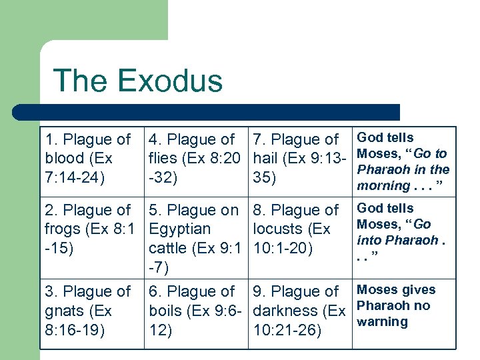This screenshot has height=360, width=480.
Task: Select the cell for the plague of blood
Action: [91, 159]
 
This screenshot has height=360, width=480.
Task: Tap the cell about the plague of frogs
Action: [91, 229]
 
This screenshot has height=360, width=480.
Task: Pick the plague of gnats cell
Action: [91, 311]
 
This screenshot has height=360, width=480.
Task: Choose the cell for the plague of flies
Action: [196, 159]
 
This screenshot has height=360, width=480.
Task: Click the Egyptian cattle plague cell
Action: [196, 239]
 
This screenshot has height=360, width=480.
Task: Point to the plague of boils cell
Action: [196, 311]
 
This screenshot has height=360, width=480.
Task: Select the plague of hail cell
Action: [300, 159]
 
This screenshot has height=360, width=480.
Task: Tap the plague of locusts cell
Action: [300, 229]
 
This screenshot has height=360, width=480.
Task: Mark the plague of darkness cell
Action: [300, 311]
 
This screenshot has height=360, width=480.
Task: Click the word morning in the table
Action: [383, 186]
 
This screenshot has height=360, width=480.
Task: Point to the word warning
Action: [383, 322]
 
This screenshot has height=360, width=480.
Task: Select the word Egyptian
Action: [179, 229]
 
